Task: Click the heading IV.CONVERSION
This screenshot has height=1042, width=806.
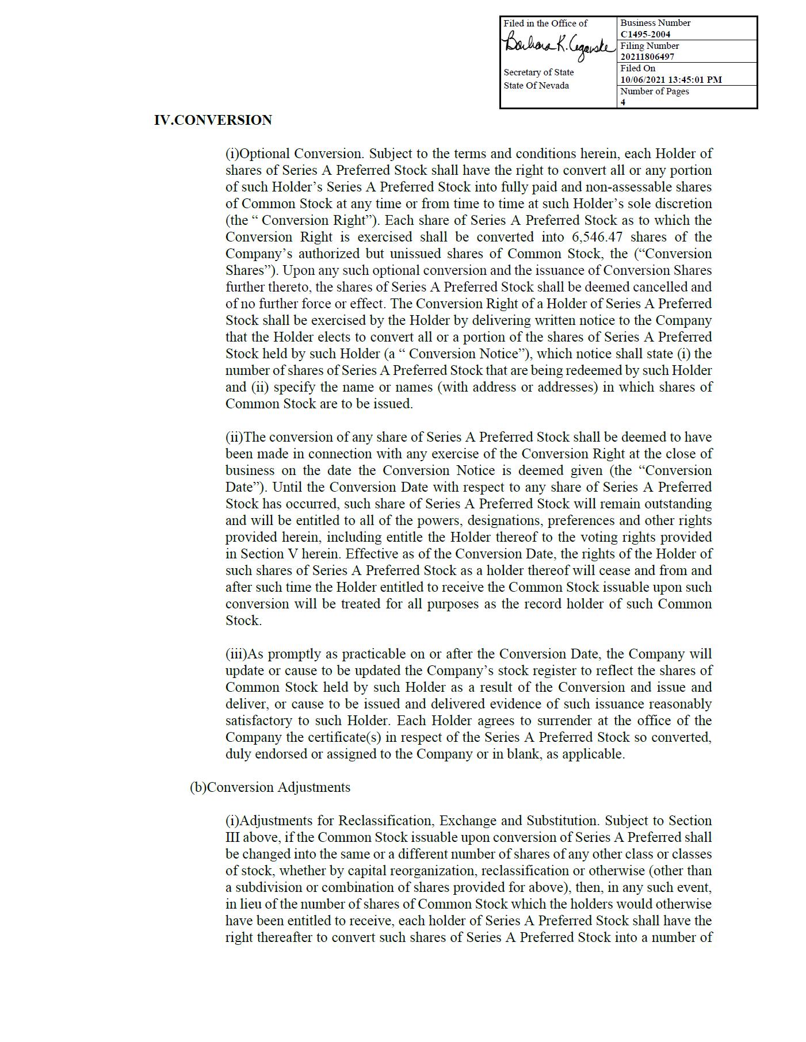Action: point(213,120)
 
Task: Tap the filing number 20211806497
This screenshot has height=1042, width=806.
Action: point(647,56)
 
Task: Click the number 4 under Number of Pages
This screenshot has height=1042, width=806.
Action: point(623,102)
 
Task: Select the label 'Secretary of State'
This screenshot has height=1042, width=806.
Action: point(538,72)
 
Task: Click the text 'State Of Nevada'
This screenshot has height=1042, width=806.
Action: point(536,86)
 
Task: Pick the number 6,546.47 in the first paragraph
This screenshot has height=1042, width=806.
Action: point(597,237)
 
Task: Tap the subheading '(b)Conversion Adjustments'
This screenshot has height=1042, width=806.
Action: point(270,787)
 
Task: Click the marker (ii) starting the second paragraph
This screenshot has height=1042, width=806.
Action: point(234,437)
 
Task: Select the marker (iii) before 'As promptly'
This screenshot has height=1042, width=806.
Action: point(236,654)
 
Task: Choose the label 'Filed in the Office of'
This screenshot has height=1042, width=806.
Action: point(545,24)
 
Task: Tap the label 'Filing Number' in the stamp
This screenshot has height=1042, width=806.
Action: point(650,46)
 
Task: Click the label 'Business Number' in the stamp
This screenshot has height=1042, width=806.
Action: point(655,23)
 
